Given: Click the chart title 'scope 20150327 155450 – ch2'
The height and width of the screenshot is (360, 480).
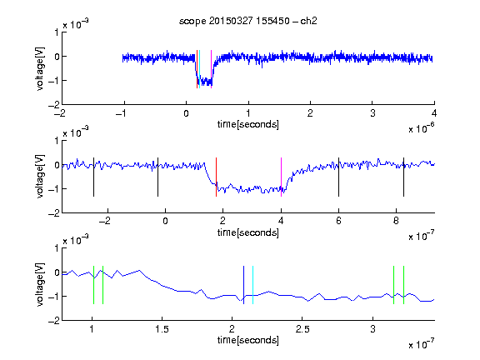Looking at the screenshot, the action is [248, 21].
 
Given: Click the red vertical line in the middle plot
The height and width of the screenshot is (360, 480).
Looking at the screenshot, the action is [216, 177].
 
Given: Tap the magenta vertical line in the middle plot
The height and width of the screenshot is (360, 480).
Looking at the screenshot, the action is [281, 177].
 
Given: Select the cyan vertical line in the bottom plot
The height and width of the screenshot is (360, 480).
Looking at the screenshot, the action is [252, 285].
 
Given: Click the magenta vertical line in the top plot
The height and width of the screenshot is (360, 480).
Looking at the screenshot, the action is [211, 69].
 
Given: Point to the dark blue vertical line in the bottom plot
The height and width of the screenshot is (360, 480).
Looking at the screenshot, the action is [243, 285].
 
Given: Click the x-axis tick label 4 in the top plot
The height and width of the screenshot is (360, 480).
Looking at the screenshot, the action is [434, 113].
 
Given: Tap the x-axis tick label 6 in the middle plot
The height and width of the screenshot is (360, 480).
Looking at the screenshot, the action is [338, 221].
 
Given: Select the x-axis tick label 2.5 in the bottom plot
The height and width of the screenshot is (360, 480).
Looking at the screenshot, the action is [302, 329].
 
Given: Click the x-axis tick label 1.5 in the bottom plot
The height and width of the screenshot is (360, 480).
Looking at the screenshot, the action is [162, 329].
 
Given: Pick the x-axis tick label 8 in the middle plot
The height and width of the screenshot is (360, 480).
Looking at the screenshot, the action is [396, 221].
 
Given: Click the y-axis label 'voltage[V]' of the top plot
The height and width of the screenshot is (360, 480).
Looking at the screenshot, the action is [40, 68].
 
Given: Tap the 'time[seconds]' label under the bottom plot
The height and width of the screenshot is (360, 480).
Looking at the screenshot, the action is [248, 340].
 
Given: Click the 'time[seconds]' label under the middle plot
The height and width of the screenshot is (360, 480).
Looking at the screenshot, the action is [248, 232].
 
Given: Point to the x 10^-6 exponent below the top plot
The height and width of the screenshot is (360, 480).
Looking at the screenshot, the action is [422, 128].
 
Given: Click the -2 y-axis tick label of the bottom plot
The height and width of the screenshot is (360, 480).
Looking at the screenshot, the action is [54, 321].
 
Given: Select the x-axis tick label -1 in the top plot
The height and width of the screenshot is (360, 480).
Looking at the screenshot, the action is [121, 113].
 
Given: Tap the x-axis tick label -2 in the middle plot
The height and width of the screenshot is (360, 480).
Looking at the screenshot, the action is [105, 221].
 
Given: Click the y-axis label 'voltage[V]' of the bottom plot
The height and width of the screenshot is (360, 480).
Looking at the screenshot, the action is [40, 284].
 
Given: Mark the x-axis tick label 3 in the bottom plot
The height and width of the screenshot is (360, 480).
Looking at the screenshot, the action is [372, 329].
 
